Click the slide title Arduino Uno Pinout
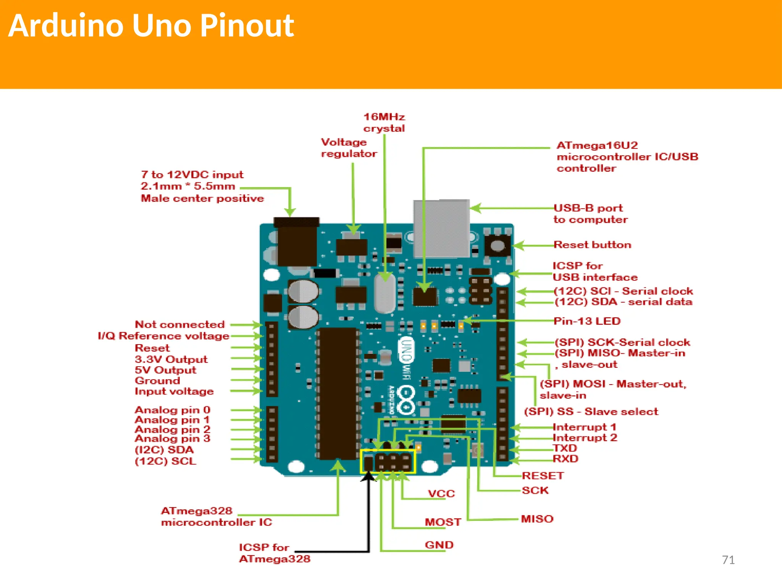point(151,26)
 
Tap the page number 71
point(728,560)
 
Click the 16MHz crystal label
point(384,122)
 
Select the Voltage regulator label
point(349,148)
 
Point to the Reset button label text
point(592,245)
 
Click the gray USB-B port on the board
point(441,228)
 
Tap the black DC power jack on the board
point(297,242)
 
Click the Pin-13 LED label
point(587,321)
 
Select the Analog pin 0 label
point(173,410)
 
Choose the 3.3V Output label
point(171,359)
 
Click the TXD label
point(565,448)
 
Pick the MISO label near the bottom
point(537,519)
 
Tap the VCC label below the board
point(441,494)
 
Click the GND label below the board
point(439,545)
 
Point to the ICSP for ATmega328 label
point(274,553)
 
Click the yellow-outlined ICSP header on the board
point(388,462)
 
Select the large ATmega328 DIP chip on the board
point(338,393)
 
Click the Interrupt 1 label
point(584,427)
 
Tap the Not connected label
point(180,324)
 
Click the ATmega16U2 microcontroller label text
point(627,156)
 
